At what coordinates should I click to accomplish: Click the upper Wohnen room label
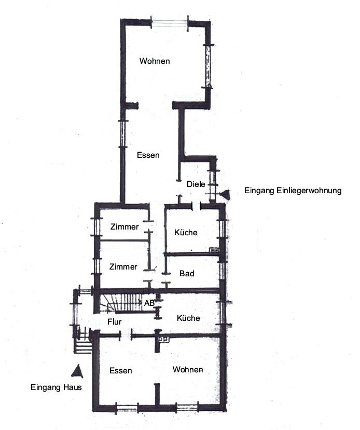[155, 61]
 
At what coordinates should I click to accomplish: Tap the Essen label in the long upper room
[148, 155]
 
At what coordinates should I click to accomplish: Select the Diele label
[196, 184]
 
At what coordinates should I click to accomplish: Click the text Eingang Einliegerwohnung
[293, 191]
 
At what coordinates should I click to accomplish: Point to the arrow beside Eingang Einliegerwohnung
[225, 194]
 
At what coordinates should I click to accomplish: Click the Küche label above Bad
[186, 233]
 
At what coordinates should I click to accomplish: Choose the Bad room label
[187, 273]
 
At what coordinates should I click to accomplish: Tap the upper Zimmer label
[124, 227]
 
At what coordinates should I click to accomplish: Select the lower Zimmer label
[123, 267]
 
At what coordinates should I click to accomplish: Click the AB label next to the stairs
[149, 303]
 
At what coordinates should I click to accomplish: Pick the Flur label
[115, 321]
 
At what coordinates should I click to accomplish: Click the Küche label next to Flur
[188, 318]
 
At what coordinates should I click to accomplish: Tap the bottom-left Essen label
[121, 371]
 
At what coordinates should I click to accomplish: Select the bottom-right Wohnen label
[188, 370]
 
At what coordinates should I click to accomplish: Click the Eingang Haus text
[56, 387]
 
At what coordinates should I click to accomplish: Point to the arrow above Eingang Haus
[77, 371]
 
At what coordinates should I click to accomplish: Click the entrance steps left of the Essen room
[83, 347]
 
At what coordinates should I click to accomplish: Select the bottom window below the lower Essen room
[127, 408]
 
